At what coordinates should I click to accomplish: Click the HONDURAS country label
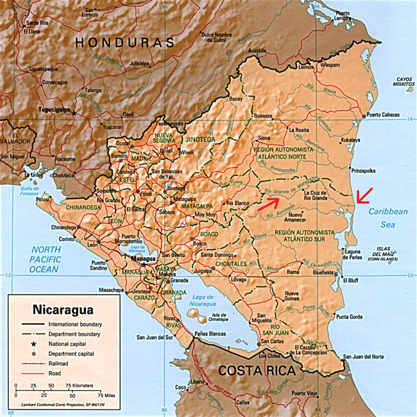coord(124,43)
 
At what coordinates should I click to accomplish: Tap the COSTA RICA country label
coord(257,370)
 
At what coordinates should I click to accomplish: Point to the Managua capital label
coord(143,260)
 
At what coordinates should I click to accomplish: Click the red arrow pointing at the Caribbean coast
coord(366,195)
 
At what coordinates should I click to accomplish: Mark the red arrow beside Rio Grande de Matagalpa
coord(269,203)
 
